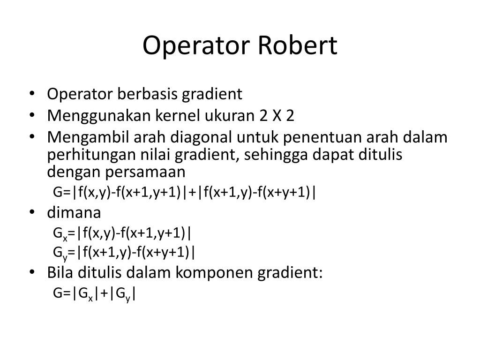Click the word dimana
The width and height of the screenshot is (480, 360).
click(x=74, y=213)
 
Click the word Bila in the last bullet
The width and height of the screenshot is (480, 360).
click(x=60, y=272)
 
